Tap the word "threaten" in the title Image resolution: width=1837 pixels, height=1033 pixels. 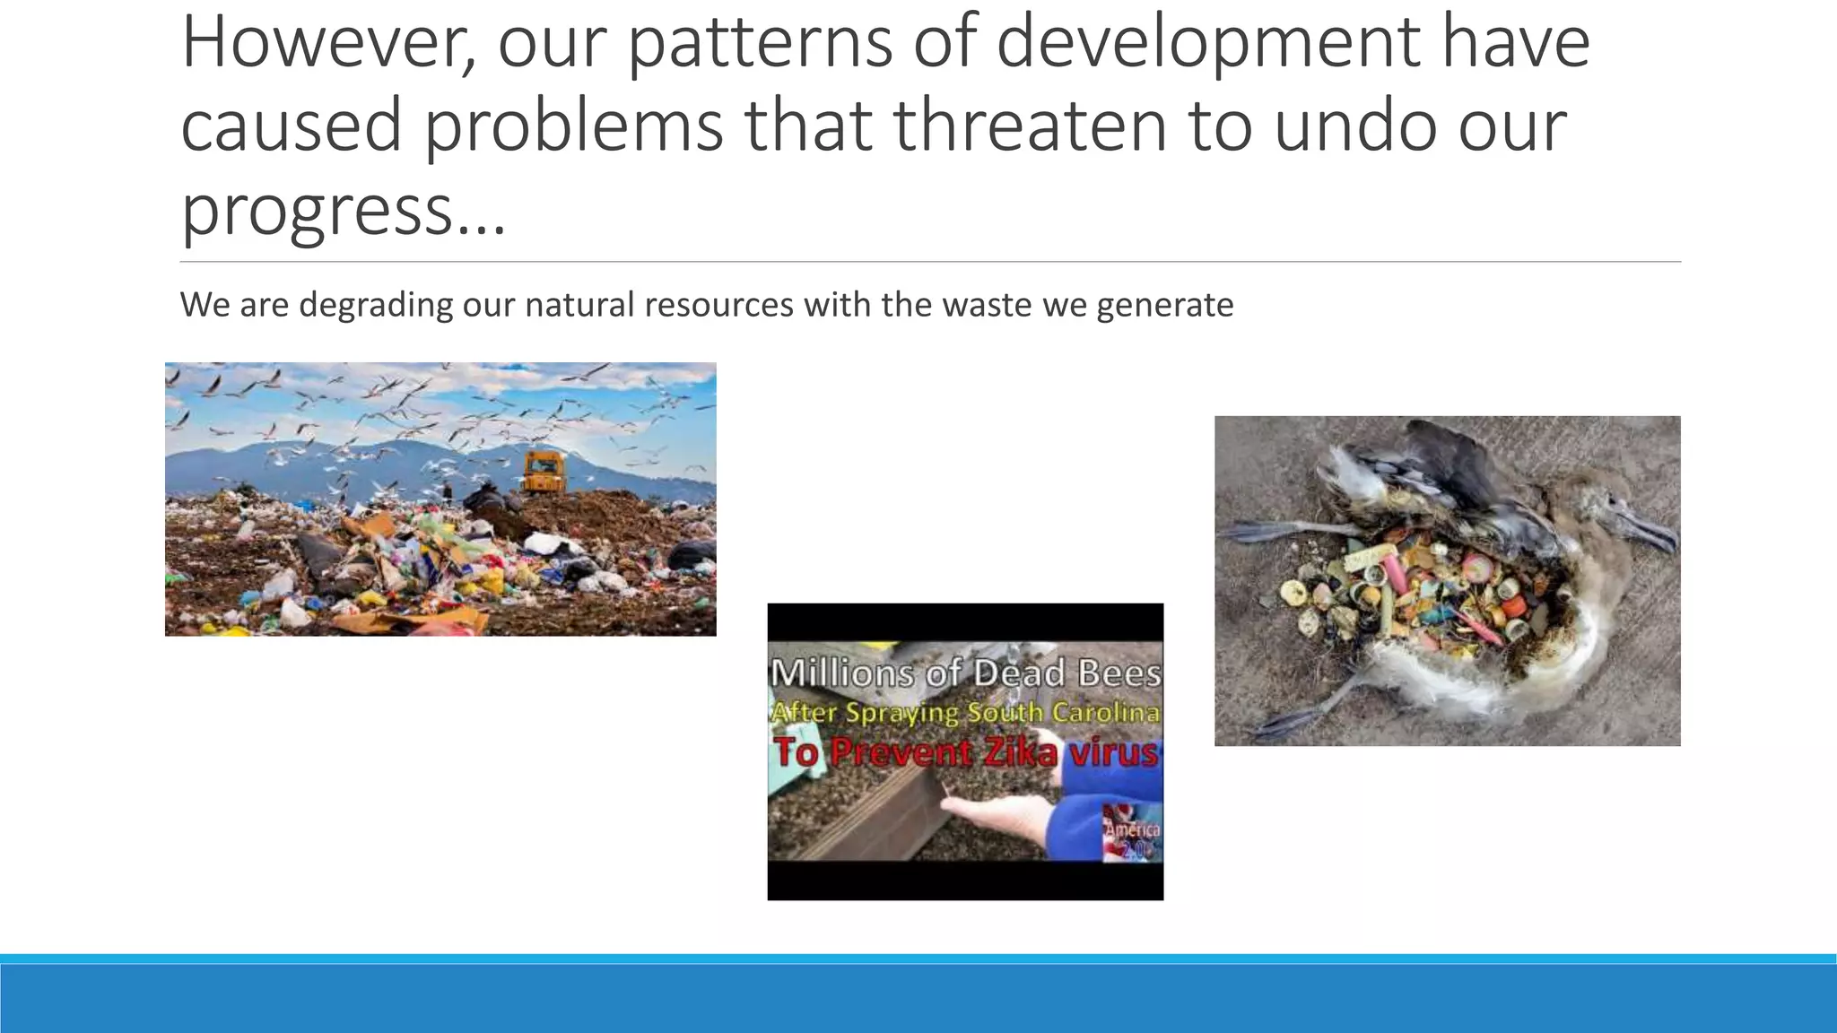tap(1031, 125)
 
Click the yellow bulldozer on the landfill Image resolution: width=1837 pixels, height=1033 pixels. tap(544, 472)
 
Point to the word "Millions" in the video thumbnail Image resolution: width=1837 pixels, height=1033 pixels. tap(841, 673)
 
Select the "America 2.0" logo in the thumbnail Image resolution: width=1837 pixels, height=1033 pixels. tap(1132, 835)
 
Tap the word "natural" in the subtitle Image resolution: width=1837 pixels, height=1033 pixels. tap(579, 305)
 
